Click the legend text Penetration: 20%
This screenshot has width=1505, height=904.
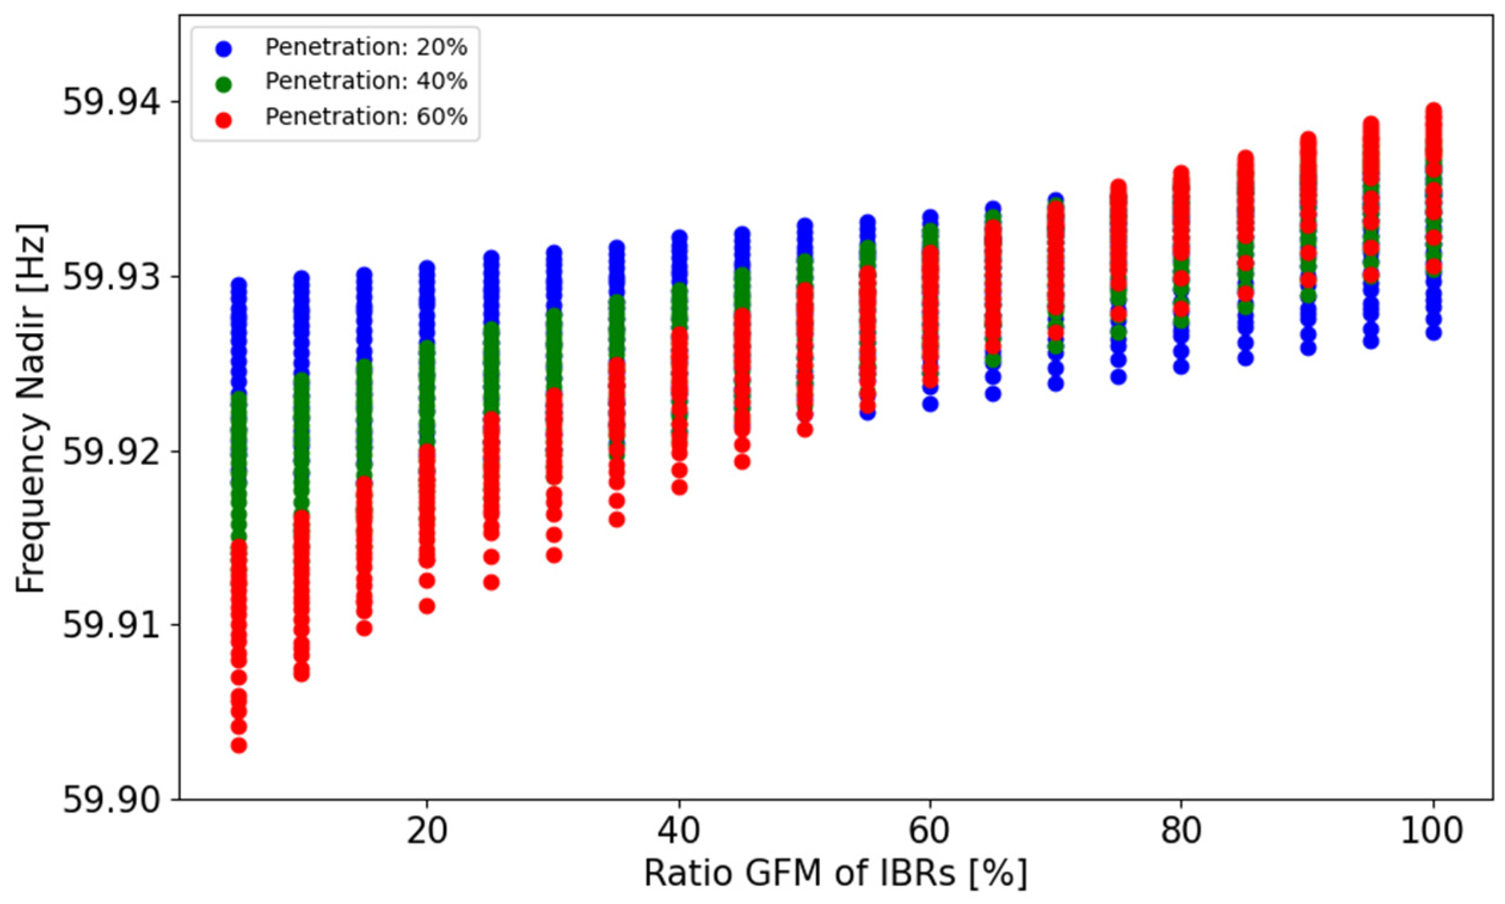pos(366,47)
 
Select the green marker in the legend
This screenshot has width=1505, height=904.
pos(224,84)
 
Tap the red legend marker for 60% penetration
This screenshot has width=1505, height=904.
pos(224,119)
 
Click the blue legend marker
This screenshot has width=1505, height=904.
pos(224,49)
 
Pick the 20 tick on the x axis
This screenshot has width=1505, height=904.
pos(427,831)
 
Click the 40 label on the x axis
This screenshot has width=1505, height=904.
pos(679,831)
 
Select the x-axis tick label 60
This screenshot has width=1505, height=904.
pos(930,831)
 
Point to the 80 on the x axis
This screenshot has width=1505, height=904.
pos(1181,831)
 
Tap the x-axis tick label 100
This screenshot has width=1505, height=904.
pos(1433,831)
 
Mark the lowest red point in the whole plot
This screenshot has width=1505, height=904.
pos(239,745)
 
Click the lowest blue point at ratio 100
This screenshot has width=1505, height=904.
pos(1434,333)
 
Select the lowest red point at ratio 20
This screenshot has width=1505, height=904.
pos(427,606)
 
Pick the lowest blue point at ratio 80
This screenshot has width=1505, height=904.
pos(1181,366)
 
